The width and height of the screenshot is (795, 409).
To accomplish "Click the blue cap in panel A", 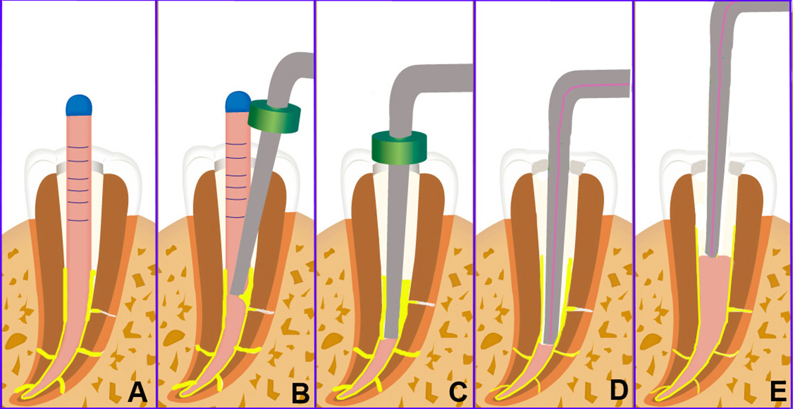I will click(79, 105).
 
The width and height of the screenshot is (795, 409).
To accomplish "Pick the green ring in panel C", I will click(398, 146).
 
